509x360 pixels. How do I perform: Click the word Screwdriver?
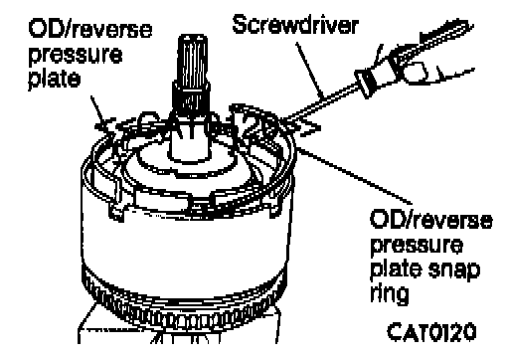point(295,24)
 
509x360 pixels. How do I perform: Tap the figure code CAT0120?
point(431,332)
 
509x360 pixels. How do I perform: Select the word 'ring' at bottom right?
point(390,293)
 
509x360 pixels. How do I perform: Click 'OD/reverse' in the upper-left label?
point(90,29)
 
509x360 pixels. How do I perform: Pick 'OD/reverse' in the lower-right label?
point(431,220)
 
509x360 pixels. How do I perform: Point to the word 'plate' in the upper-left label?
point(55,79)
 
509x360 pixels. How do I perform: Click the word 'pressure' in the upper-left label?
point(76,55)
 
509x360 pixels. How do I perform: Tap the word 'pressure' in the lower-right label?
point(417,246)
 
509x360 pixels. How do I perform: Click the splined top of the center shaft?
point(193,59)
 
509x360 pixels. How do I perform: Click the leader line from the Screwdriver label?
point(309,71)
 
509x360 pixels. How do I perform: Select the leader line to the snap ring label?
point(355,176)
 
